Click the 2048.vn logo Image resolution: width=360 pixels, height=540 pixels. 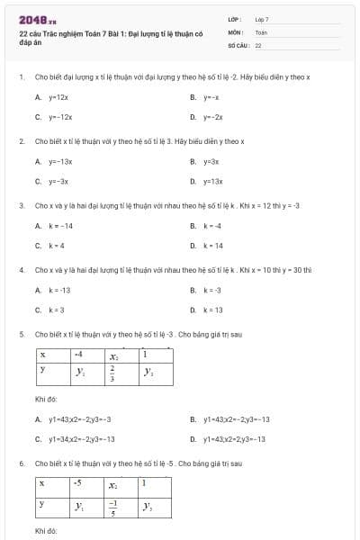(37, 19)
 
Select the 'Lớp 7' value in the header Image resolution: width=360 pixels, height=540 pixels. (262, 18)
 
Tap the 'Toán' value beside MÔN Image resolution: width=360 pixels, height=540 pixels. (261, 31)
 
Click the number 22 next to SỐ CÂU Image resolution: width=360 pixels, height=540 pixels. (258, 43)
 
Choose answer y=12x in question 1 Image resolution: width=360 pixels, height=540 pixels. (58, 96)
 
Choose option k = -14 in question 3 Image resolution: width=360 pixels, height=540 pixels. (60, 225)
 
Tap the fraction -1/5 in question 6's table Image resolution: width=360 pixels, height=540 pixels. (113, 507)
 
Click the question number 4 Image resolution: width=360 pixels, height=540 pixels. (21, 269)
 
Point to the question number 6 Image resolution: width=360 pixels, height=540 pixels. (21, 463)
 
